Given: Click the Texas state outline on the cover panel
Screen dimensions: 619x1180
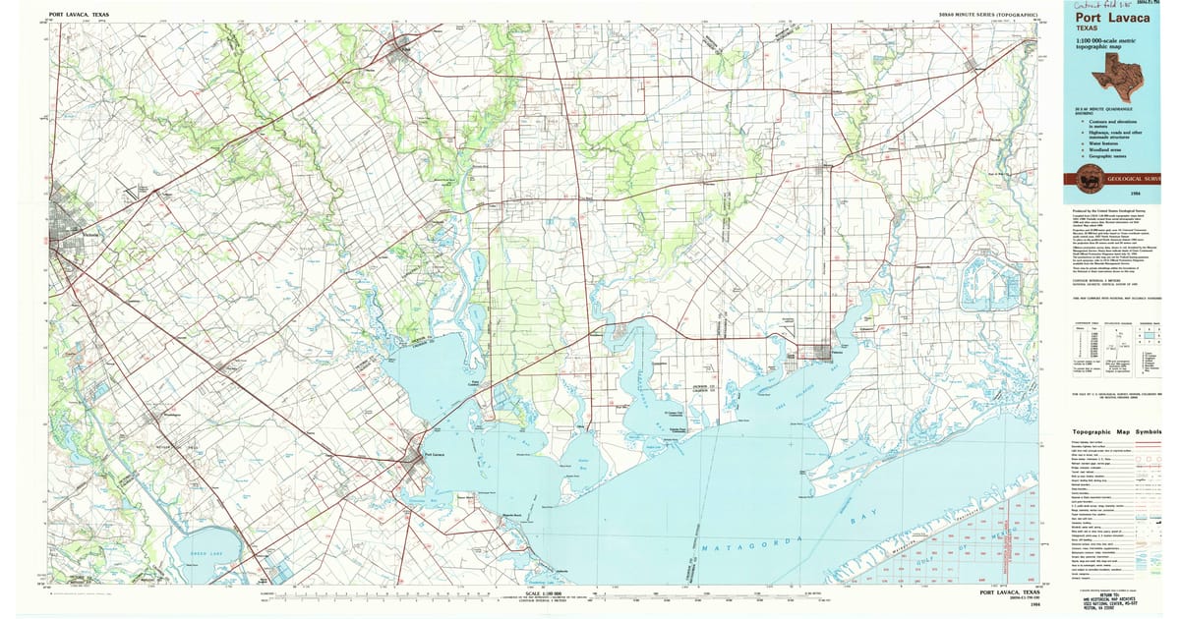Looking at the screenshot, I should [1120, 70].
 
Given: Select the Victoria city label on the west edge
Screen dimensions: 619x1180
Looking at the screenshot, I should [91, 235].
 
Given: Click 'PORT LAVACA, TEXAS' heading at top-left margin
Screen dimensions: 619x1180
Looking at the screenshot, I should [80, 15].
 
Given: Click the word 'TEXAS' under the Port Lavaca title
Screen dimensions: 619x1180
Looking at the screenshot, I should [1088, 28].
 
